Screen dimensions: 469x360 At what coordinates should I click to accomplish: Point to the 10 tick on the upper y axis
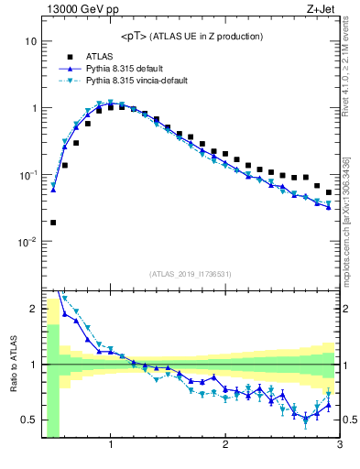tap(30, 41)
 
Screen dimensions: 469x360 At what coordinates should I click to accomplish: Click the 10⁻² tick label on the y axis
tap(26, 242)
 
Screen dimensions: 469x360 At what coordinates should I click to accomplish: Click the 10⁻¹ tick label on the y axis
tap(26, 175)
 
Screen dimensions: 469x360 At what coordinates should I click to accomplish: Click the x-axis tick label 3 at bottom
tap(339, 446)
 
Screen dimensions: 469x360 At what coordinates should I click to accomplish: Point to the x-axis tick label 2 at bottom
tap(225, 446)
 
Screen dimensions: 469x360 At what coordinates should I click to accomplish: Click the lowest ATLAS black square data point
tap(53, 222)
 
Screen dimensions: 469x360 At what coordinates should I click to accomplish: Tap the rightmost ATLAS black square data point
tap(329, 192)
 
